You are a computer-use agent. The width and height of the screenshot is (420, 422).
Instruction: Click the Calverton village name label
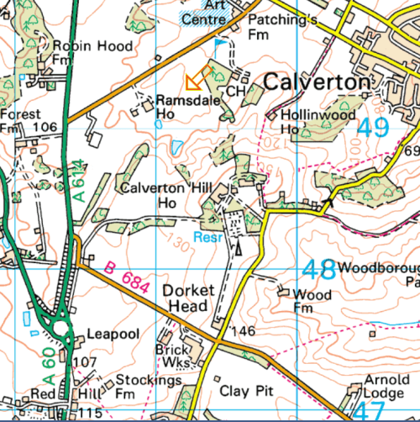pos(317,82)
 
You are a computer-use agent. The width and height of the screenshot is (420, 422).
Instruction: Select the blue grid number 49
pos(374,128)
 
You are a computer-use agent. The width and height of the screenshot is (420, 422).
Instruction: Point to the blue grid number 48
pos(318,270)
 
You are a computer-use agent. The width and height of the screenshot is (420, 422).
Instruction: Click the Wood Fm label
pos(311,301)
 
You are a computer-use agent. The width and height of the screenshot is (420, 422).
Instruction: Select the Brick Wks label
pos(174,355)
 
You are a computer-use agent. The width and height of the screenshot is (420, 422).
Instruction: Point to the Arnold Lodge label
pos(386,387)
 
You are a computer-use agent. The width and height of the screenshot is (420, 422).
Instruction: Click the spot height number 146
pos(244,330)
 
